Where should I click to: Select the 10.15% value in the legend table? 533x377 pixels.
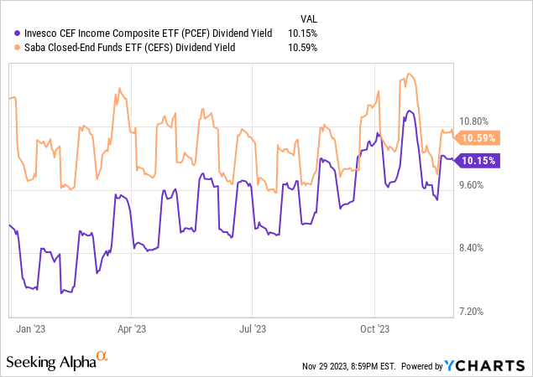(303, 34)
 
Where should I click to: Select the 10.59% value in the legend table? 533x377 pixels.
(303, 48)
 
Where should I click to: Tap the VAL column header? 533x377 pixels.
(308, 18)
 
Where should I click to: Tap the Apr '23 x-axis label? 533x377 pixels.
(132, 330)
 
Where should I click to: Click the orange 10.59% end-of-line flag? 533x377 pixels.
(479, 138)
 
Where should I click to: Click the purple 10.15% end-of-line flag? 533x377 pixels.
(479, 161)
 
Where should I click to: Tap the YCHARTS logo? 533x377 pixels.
(486, 366)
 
